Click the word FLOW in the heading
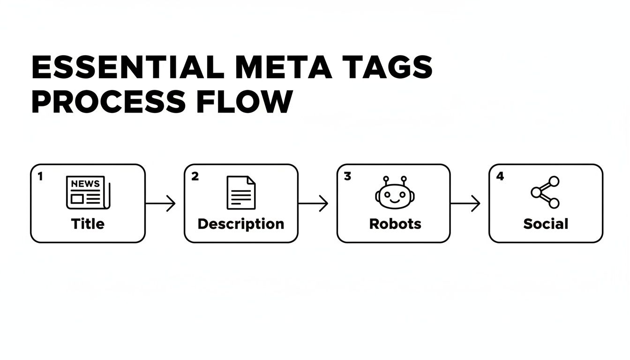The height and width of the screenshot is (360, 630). click(x=248, y=102)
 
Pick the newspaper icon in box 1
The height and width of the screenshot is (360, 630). click(x=88, y=192)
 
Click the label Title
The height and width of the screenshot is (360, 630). click(x=88, y=224)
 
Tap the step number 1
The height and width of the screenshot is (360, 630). click(x=40, y=176)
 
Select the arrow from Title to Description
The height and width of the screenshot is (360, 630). click(x=161, y=203)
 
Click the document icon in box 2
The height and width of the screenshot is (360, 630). click(x=241, y=192)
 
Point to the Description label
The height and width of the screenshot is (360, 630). click(x=240, y=224)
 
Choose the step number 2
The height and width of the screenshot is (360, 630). click(x=195, y=176)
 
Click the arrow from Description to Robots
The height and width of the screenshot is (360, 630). click(x=313, y=203)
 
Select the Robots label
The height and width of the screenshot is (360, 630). click(x=395, y=224)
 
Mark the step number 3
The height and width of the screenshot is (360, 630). click(x=347, y=176)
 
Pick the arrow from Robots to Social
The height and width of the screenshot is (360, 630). click(x=465, y=203)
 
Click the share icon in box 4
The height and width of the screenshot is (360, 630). click(x=545, y=192)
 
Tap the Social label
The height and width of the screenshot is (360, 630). click(x=546, y=224)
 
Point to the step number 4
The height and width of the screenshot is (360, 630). click(x=500, y=176)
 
